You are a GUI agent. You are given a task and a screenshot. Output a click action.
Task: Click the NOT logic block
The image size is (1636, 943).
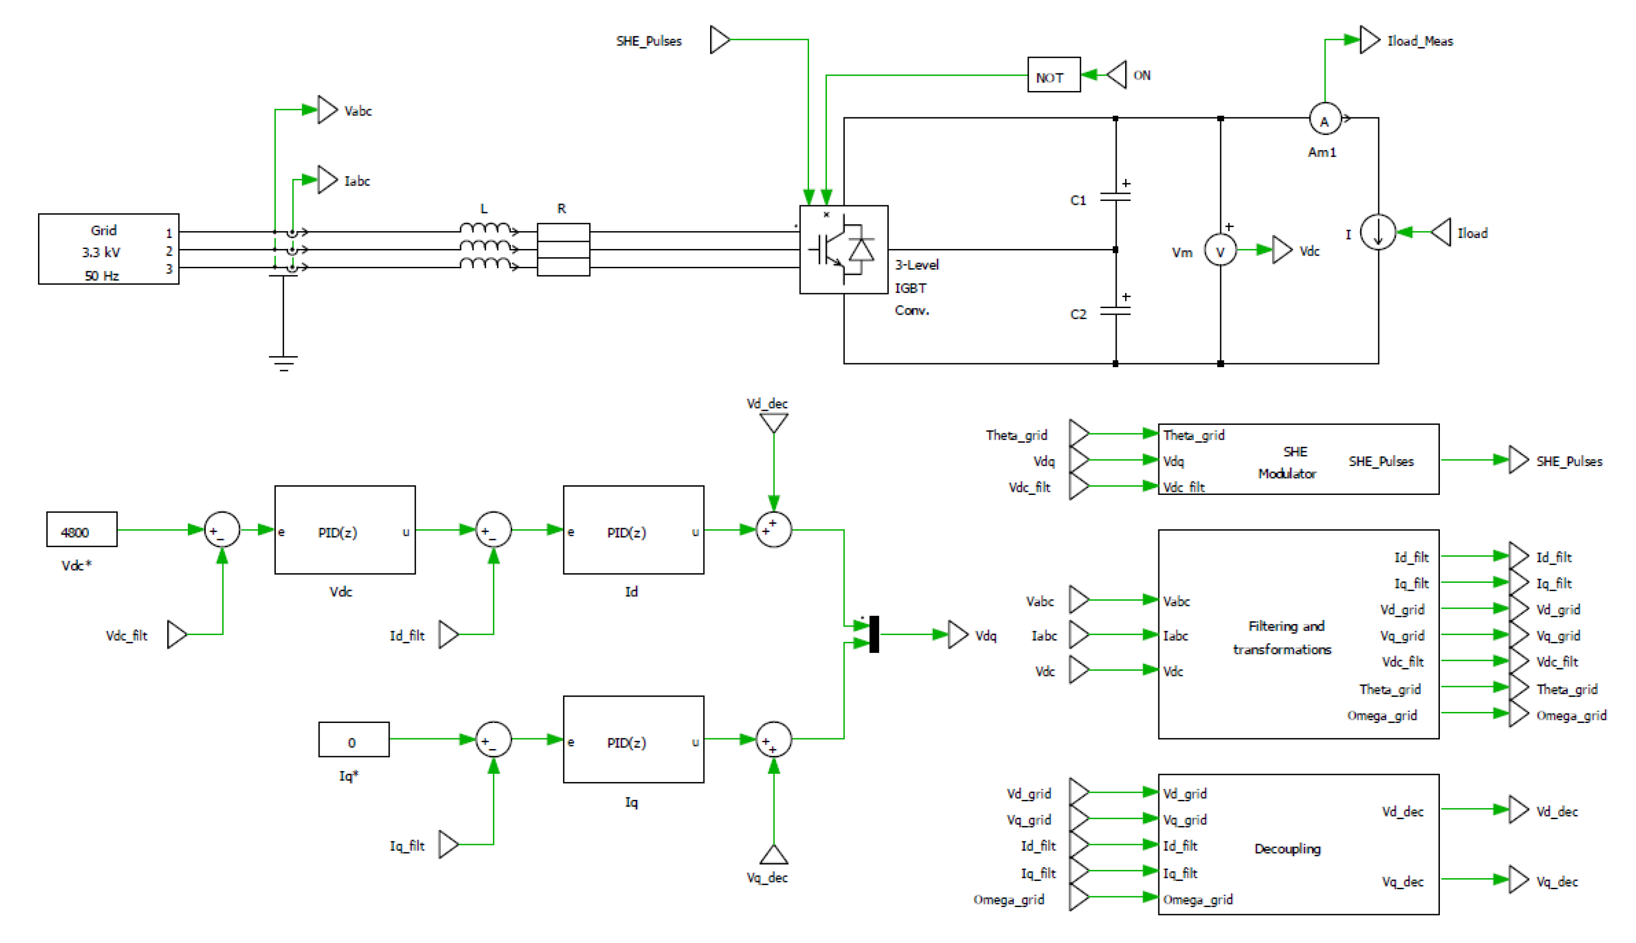click(1053, 75)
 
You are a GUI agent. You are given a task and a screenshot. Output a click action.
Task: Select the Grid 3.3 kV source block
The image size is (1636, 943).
click(108, 249)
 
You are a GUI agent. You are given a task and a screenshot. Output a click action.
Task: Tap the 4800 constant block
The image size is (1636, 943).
click(81, 530)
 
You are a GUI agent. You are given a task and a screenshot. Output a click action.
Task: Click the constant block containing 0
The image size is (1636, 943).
click(353, 740)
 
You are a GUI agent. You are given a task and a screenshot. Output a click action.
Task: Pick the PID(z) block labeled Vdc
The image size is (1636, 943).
click(345, 530)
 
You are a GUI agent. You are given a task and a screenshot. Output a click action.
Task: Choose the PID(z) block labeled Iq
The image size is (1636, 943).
click(633, 740)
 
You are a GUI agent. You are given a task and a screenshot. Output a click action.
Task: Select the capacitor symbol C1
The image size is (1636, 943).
click(1115, 196)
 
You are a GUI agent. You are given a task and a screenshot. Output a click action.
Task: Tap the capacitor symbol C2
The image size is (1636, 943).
click(1115, 310)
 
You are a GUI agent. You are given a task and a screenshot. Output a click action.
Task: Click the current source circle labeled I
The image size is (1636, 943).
click(1377, 232)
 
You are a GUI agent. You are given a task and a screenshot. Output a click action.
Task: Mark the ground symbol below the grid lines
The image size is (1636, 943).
click(283, 362)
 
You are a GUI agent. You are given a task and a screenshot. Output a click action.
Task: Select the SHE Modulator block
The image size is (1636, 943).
click(1298, 460)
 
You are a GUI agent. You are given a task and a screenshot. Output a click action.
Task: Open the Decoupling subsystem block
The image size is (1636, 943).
click(1298, 845)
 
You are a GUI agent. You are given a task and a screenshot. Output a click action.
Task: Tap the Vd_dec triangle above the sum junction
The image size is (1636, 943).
click(773, 423)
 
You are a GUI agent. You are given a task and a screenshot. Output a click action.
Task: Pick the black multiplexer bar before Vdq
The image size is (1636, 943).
click(873, 634)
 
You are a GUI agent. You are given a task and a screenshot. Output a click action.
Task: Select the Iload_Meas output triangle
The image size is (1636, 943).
click(1369, 40)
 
